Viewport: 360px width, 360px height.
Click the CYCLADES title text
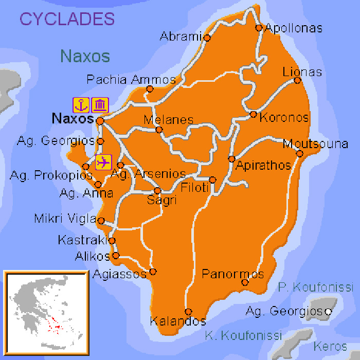click(67, 19)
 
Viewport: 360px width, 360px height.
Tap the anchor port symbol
click(81, 104)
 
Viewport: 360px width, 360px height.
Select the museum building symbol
click(100, 104)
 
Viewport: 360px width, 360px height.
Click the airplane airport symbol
click(103, 162)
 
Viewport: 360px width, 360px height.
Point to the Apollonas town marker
click(259, 28)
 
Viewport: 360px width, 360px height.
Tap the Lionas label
click(302, 72)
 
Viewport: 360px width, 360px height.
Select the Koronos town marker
click(253, 114)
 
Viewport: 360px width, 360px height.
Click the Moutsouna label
click(315, 143)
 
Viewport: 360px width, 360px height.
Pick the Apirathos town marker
click(232, 158)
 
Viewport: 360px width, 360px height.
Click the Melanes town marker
click(159, 130)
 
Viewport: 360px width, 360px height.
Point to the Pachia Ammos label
click(131, 80)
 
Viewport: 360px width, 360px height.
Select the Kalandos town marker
click(188, 312)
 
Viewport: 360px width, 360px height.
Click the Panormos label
click(232, 274)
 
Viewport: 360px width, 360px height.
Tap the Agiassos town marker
click(152, 272)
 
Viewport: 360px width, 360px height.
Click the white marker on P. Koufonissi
click(328, 312)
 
